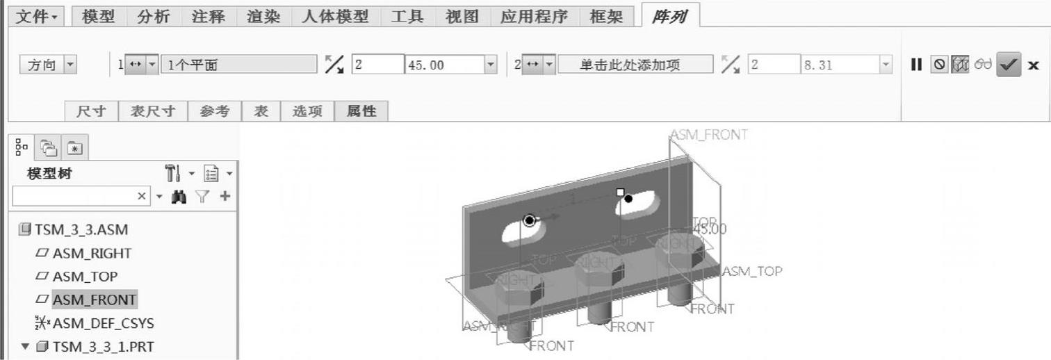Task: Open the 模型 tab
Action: point(98,16)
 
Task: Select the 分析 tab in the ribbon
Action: point(153,16)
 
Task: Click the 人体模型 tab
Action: point(335,16)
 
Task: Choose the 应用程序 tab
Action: point(534,16)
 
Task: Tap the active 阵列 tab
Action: point(669,17)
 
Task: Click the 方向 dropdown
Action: point(49,65)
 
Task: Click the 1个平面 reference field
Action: point(238,65)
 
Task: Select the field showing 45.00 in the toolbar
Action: point(444,65)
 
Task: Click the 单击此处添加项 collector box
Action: point(635,65)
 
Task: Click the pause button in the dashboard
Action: point(916,65)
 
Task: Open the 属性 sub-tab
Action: point(361,111)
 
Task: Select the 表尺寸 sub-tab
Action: point(153,111)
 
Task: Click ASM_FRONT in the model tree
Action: point(94,300)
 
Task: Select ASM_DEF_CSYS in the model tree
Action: point(103,323)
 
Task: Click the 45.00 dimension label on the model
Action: point(710,229)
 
